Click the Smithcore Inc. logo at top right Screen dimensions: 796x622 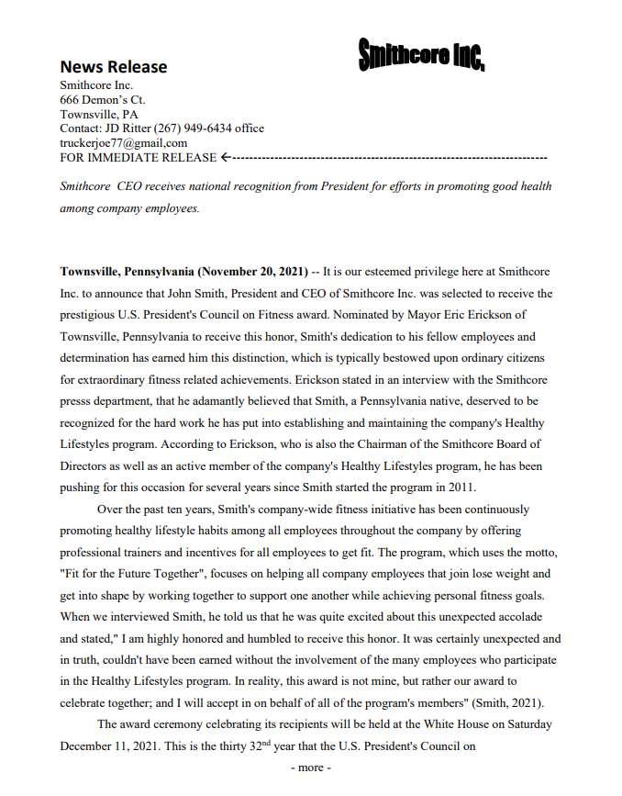coord(421,55)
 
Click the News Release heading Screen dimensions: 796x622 coord(113,66)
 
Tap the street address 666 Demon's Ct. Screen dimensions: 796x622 coord(103,99)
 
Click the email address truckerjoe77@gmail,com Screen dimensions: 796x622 coord(123,143)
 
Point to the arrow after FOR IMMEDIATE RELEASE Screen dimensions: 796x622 coord(226,158)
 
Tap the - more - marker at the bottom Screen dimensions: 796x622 coord(310,768)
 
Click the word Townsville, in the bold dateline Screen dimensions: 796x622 coord(94,273)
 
